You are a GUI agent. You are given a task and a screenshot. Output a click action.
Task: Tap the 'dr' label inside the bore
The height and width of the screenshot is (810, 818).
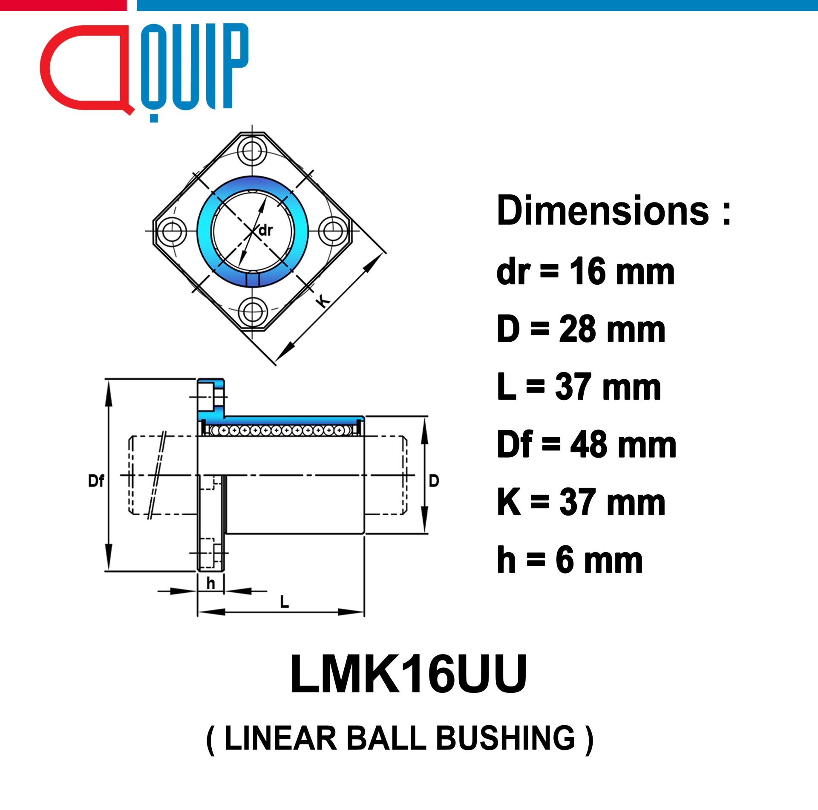(265, 231)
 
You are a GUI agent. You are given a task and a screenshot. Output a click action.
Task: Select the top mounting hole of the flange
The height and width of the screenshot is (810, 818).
(252, 150)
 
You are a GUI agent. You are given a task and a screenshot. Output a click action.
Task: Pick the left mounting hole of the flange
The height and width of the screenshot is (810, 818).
(172, 231)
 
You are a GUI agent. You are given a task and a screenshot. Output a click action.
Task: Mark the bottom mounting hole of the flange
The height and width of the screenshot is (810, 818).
(252, 312)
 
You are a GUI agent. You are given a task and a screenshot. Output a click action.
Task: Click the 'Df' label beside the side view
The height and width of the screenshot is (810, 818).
(96, 481)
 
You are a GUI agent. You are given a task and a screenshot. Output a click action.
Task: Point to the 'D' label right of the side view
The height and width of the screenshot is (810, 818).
(434, 481)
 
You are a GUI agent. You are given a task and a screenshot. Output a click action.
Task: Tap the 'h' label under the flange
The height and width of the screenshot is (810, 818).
(210, 583)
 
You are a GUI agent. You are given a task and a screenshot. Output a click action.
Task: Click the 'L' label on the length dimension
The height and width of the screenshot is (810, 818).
(284, 602)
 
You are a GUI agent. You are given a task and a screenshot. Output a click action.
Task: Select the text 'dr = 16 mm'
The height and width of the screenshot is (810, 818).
(585, 271)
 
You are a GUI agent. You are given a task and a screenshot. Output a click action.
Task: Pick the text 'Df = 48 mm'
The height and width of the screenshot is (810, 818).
(586, 444)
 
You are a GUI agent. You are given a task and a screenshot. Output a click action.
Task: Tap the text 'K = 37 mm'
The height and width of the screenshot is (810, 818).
(581, 502)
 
